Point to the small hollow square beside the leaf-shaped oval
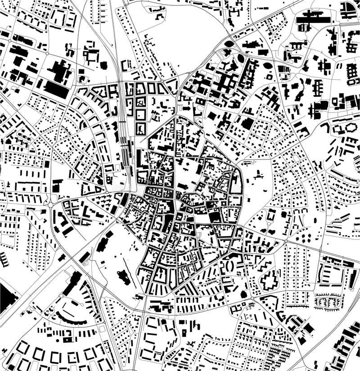click(x=270, y=76)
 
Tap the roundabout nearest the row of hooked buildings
click(x=48, y=205)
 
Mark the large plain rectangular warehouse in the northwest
click(x=56, y=90)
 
